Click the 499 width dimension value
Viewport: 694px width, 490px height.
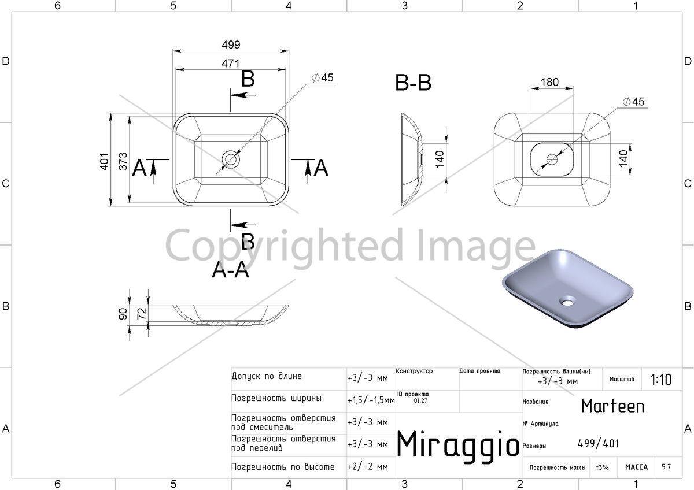click(231, 45)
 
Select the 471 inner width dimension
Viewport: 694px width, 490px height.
click(231, 64)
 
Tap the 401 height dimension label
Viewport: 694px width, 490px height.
click(105, 162)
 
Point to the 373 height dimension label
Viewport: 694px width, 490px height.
click(123, 161)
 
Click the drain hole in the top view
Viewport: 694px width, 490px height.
click(231, 159)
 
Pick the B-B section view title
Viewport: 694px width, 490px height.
click(414, 83)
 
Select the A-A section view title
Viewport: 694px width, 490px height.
click(231, 270)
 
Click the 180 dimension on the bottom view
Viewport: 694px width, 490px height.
click(549, 82)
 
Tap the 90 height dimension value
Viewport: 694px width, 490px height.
click(123, 314)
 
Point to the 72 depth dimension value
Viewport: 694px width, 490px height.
click(142, 314)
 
